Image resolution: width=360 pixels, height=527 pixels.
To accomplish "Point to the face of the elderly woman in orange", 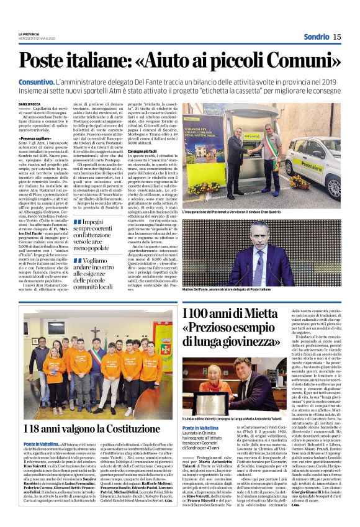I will point(210,371).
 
